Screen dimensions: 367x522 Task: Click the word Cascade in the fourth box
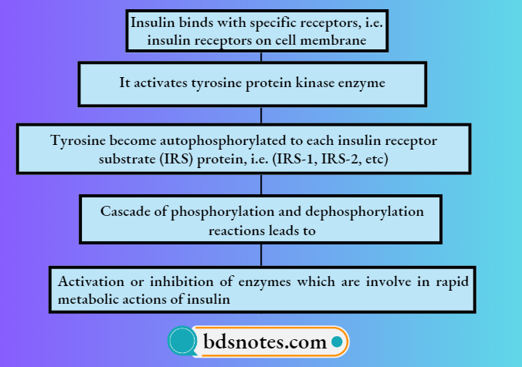pos(124,210)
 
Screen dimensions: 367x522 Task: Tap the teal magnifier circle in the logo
pos(181,341)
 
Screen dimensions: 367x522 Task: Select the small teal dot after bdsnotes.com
pos(337,340)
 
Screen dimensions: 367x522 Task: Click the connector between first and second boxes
pos(261,56)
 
